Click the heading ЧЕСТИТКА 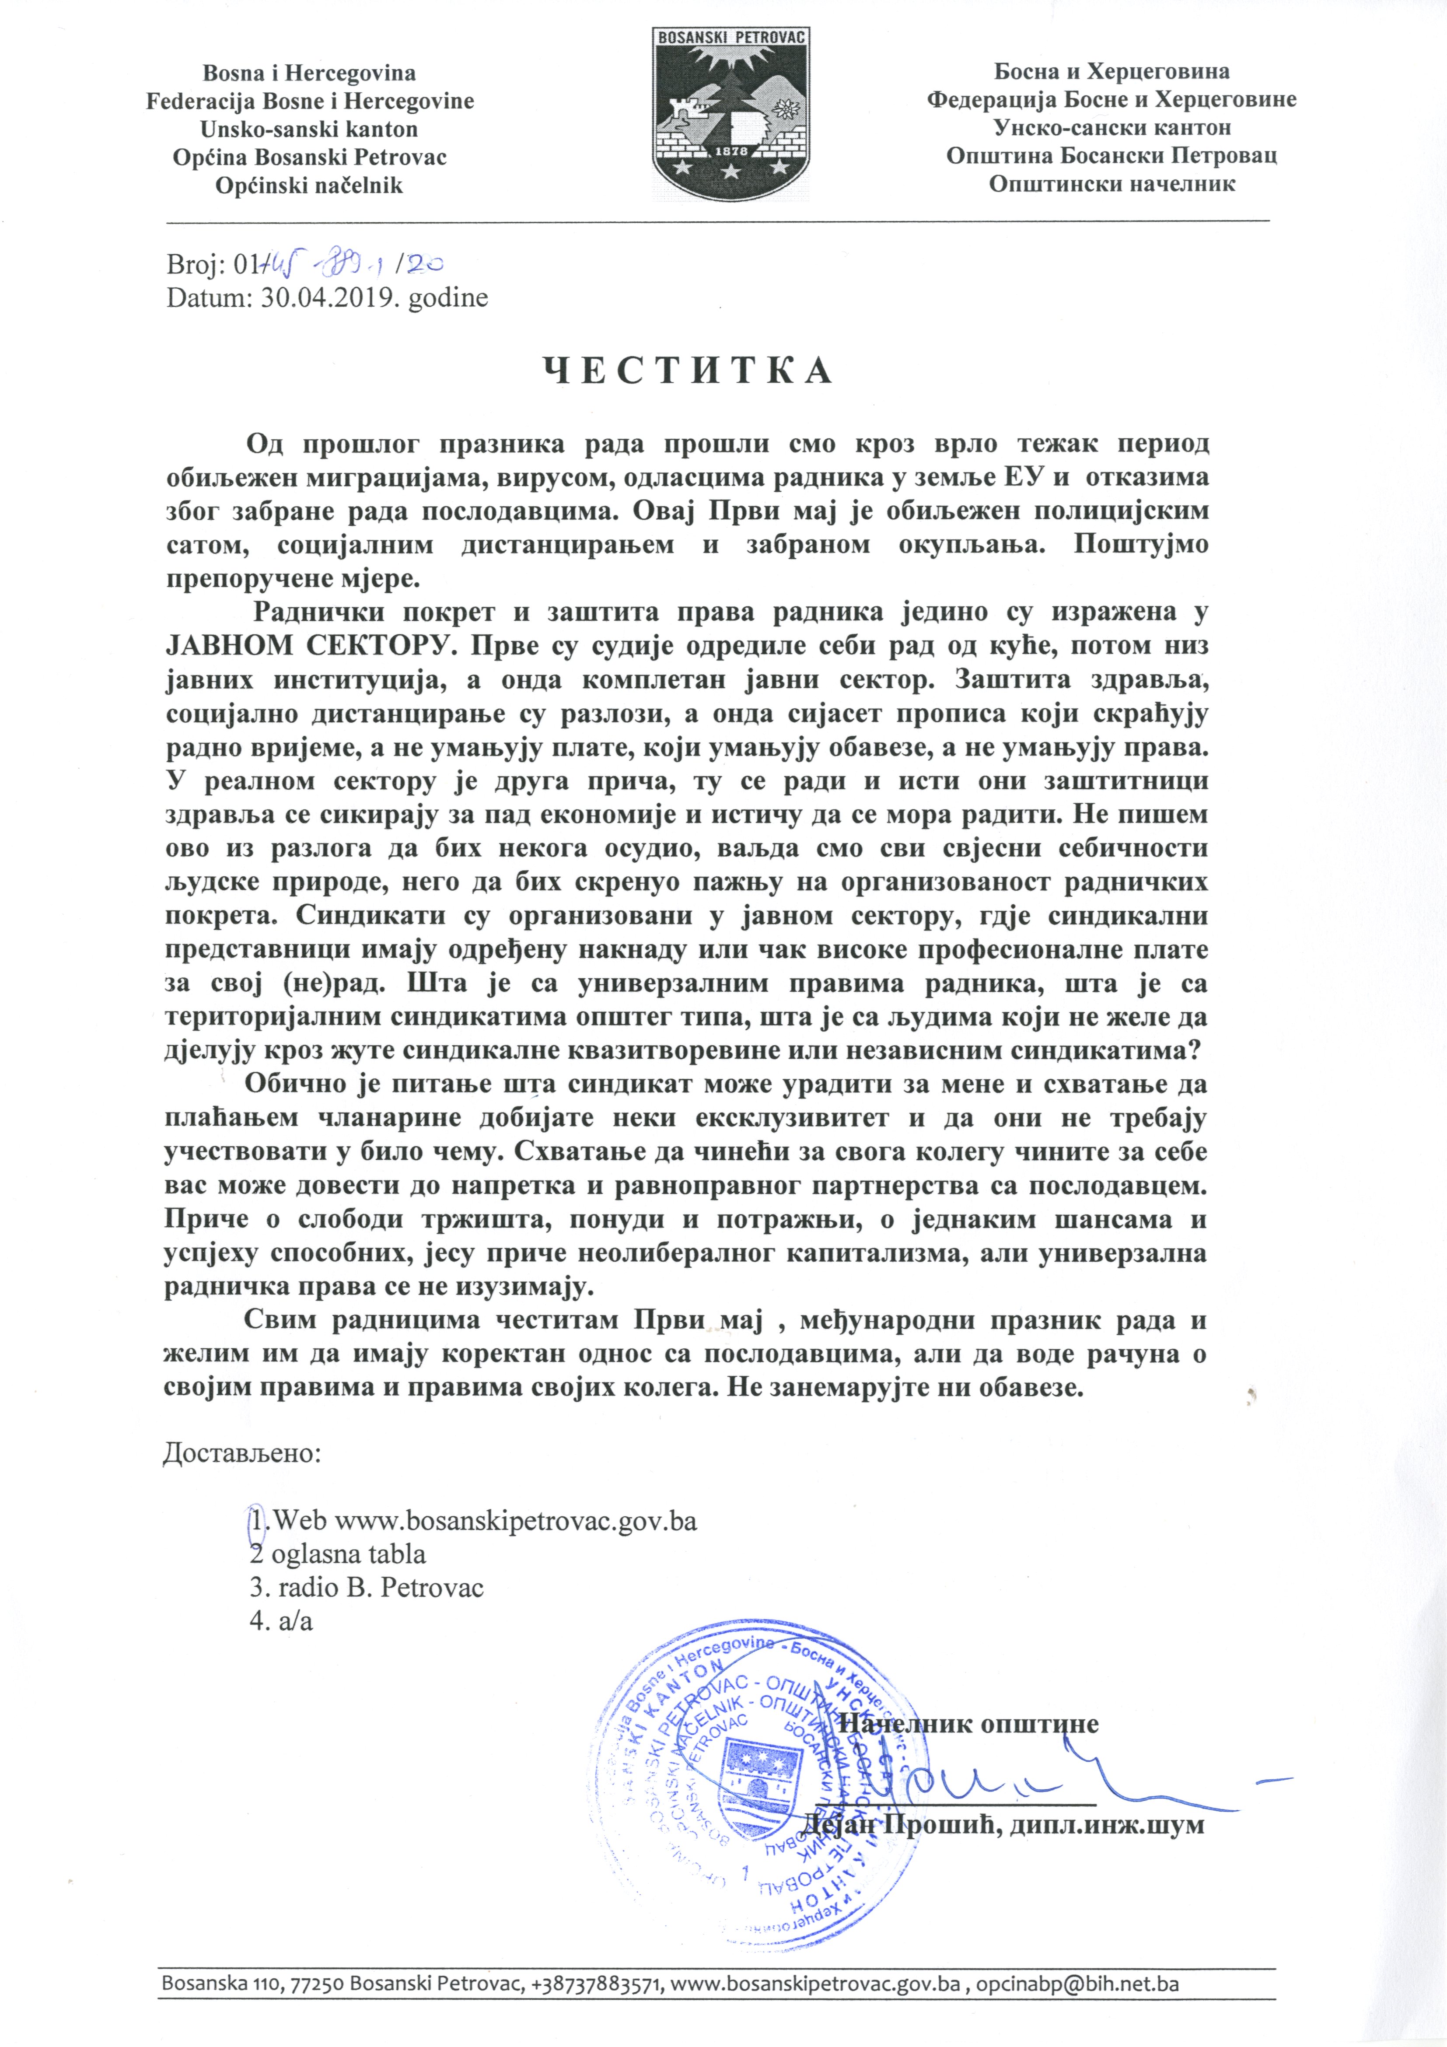688,371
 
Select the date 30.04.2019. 330,297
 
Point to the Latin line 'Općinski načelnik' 308,185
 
